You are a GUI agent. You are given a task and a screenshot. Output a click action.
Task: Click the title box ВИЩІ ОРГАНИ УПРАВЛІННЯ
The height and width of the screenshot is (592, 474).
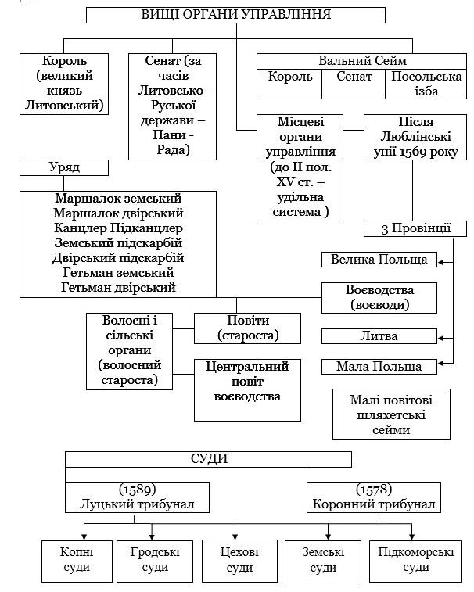[235, 15]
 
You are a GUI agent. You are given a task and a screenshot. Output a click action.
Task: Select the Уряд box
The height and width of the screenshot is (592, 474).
[64, 167]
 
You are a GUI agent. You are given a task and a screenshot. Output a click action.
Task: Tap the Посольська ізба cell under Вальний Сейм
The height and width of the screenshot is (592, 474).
[426, 84]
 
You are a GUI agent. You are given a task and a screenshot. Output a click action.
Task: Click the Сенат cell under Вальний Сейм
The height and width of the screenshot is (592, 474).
[354, 84]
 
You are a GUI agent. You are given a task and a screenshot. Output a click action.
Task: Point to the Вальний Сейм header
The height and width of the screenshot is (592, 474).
[362, 61]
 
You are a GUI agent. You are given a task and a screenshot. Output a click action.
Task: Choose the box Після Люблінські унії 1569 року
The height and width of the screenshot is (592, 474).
[415, 137]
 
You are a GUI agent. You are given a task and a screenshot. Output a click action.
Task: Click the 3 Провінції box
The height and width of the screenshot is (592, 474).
[415, 229]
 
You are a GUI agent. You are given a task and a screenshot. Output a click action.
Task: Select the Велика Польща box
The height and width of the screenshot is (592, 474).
[379, 260]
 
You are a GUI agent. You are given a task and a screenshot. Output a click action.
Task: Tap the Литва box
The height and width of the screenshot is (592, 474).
[379, 336]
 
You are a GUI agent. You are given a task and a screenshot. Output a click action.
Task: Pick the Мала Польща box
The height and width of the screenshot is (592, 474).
[379, 367]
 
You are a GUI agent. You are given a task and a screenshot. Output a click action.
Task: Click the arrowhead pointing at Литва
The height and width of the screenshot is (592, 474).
[440, 339]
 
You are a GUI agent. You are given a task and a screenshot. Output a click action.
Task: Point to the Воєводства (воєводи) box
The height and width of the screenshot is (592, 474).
[379, 298]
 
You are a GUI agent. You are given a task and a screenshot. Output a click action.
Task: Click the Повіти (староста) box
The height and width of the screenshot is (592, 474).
[247, 328]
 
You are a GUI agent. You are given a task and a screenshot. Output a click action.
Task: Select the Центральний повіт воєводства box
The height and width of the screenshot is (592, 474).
[247, 390]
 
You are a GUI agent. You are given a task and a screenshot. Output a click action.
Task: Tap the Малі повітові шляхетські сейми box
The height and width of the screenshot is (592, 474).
[391, 414]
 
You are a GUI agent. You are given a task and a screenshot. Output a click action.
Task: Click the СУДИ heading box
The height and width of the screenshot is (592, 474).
[208, 460]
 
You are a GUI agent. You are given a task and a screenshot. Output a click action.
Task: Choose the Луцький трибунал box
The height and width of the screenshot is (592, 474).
[137, 497]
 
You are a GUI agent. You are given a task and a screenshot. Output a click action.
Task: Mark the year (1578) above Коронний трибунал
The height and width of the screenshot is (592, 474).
[374, 490]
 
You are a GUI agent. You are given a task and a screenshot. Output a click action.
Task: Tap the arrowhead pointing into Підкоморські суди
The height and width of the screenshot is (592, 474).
[411, 537]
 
